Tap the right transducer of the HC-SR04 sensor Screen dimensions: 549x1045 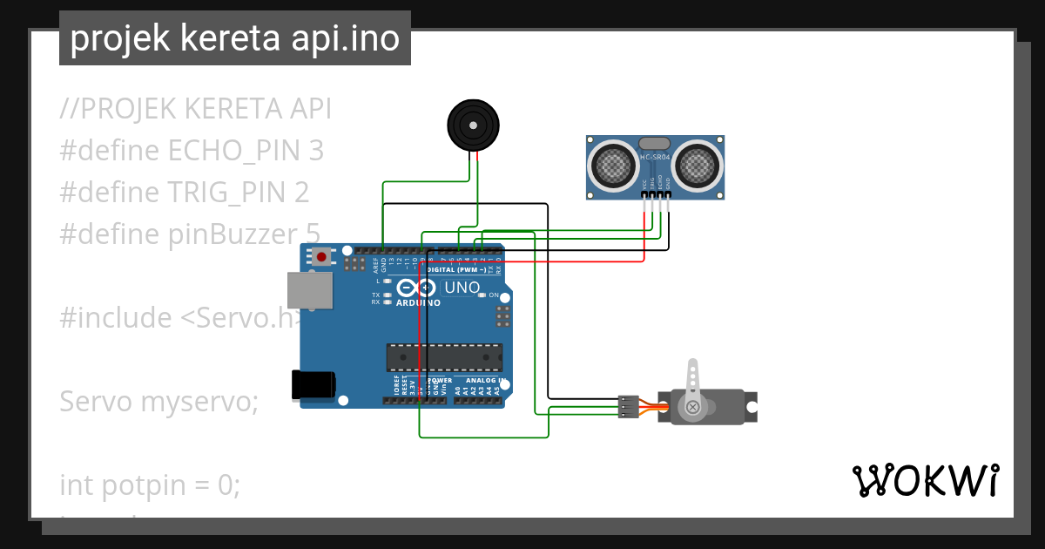[x=699, y=164]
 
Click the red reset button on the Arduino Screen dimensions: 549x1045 [x=322, y=257]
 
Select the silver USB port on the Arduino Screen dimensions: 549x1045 [x=311, y=290]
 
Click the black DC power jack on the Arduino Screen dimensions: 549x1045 [x=313, y=384]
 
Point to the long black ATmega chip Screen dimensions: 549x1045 [x=444, y=357]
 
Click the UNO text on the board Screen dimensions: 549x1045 [x=462, y=288]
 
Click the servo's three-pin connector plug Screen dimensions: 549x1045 [x=627, y=407]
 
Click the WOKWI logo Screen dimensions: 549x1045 [x=925, y=480]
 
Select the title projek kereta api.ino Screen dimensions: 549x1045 [x=235, y=38]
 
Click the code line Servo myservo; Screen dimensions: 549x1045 [x=159, y=402]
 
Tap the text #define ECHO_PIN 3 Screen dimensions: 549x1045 [x=192, y=151]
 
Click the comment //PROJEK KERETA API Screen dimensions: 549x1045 [x=196, y=109]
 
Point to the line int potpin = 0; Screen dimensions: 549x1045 [x=149, y=485]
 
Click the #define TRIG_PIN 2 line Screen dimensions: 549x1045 [x=185, y=193]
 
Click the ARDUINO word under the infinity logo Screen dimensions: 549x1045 [x=418, y=303]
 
